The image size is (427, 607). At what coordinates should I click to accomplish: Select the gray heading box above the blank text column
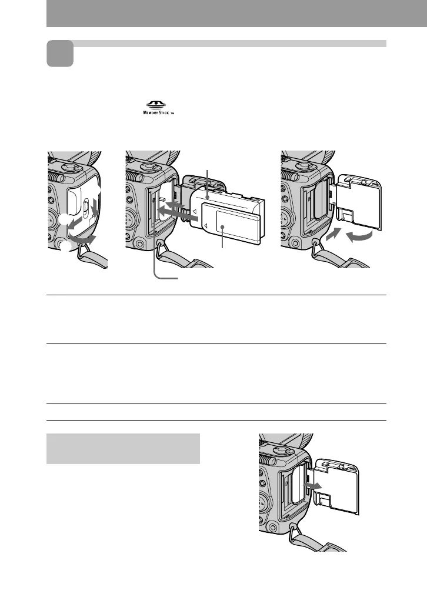pos(123,449)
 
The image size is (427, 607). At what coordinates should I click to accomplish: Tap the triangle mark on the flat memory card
pos(205,225)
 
